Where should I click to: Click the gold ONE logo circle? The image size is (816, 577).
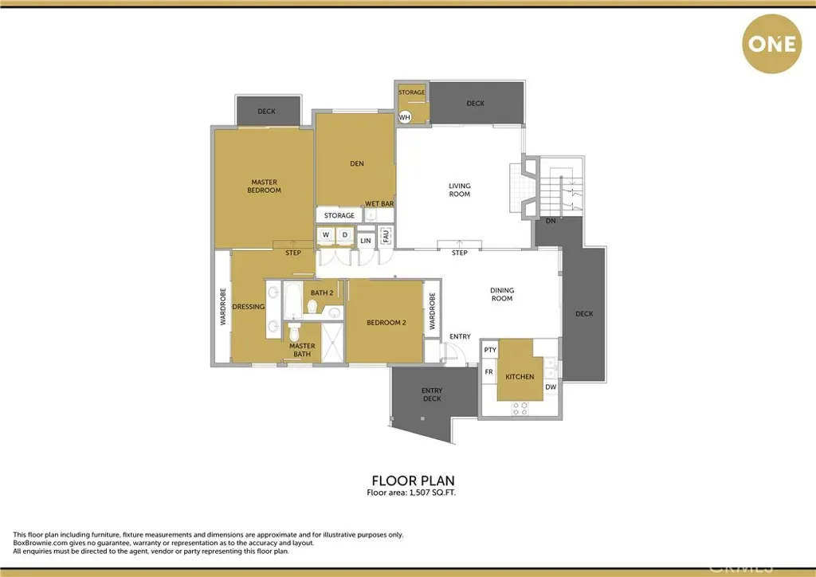(771, 44)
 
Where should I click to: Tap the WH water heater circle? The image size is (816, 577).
(404, 117)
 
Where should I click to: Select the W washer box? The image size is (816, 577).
(326, 235)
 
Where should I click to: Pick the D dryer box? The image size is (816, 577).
(344, 235)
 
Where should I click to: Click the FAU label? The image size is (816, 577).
(386, 236)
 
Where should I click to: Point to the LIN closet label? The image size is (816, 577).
(366, 241)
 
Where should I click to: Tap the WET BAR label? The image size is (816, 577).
(379, 204)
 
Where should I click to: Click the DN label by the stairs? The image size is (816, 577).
(551, 221)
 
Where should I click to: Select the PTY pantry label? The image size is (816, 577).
(490, 350)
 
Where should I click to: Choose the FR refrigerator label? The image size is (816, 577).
(488, 372)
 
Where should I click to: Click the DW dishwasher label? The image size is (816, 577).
(551, 387)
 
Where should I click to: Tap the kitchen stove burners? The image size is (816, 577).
(520, 408)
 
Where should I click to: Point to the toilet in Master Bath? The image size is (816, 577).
(295, 332)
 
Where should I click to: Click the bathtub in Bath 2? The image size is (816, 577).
(293, 300)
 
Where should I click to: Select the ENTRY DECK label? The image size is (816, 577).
(432, 394)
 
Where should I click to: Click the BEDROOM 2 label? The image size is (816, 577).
(386, 323)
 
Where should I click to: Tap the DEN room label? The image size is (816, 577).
(357, 163)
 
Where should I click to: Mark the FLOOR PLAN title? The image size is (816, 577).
(414, 481)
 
